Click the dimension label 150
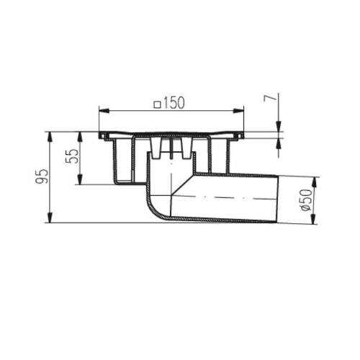pyautogui.click(x=174, y=103)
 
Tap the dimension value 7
pyautogui.click(x=269, y=99)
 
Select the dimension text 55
pyautogui.click(x=71, y=156)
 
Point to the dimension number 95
pyautogui.click(x=42, y=176)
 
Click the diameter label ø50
pyautogui.click(x=307, y=200)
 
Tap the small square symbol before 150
pyautogui.click(x=158, y=104)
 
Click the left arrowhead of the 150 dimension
pyautogui.click(x=104, y=111)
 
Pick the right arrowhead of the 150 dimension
pyautogui.click(x=239, y=111)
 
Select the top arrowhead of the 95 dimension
pyautogui.click(x=50, y=137)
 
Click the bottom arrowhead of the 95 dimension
pyautogui.click(x=50, y=218)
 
